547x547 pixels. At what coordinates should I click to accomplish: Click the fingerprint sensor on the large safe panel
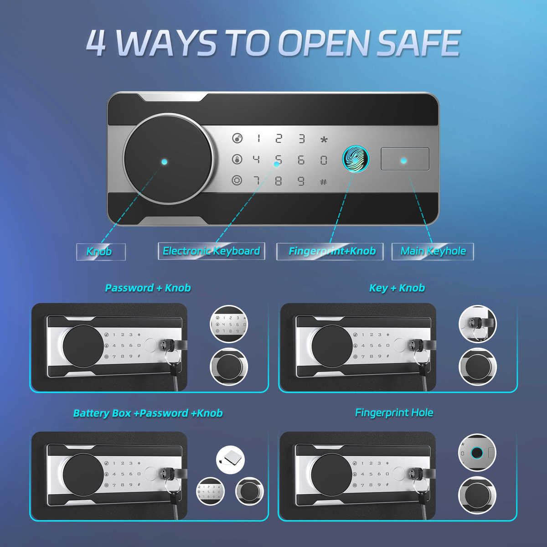click(x=356, y=159)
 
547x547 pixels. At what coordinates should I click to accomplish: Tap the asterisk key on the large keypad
click(x=324, y=139)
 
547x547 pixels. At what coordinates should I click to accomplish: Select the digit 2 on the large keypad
click(x=279, y=139)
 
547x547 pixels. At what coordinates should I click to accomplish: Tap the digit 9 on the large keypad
click(x=301, y=181)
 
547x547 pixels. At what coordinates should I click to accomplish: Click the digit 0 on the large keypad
click(x=324, y=160)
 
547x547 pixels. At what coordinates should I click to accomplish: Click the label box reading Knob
click(x=101, y=252)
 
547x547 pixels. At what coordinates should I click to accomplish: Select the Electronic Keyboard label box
click(x=212, y=251)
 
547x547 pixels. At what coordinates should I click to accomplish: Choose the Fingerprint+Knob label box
click(x=330, y=251)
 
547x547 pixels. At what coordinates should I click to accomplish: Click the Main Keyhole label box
click(x=433, y=251)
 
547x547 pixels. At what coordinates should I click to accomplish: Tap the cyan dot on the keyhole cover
click(x=404, y=161)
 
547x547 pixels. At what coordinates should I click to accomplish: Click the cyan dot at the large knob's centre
click(x=165, y=162)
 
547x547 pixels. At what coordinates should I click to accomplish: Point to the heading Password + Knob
click(x=148, y=288)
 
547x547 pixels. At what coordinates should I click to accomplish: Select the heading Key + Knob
click(x=397, y=288)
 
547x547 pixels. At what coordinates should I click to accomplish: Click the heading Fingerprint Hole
click(x=394, y=413)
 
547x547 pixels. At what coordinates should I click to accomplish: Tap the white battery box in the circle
click(x=230, y=459)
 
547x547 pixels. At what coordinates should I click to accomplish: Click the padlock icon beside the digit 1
click(x=237, y=139)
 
